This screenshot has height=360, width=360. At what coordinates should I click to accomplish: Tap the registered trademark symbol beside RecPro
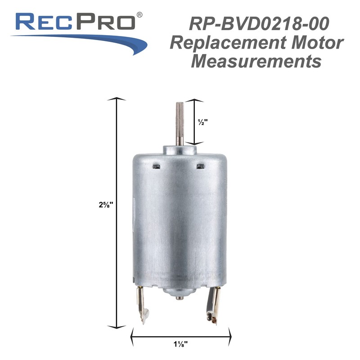[139, 15]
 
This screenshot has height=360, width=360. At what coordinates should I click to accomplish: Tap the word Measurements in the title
[256, 61]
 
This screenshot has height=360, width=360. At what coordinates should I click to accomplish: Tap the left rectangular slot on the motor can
[158, 166]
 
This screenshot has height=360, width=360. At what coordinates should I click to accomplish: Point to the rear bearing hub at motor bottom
[179, 295]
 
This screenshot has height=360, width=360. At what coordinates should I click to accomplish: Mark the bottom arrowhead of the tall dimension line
[118, 326]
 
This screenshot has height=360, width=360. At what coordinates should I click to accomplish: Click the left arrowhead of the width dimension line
[133, 334]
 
